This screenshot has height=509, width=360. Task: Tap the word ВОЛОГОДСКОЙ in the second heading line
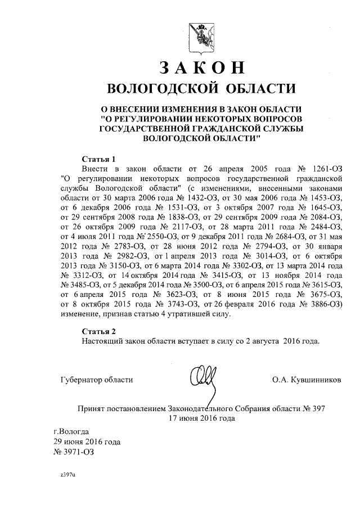(159, 88)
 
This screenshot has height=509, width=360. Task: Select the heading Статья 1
(98, 159)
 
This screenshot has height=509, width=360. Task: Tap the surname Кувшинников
(315, 380)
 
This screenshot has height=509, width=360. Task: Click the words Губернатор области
(96, 380)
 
